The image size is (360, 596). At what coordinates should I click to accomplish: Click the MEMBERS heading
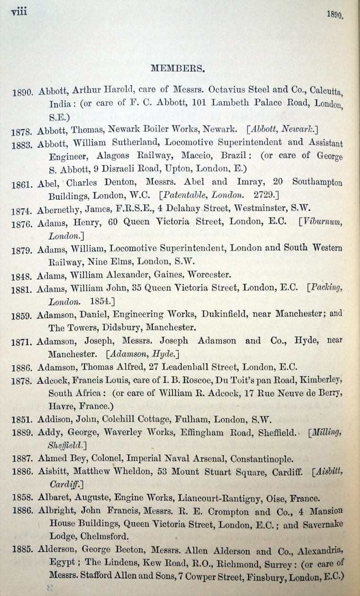(x=178, y=68)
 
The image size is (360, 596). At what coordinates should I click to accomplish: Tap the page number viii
(x=18, y=12)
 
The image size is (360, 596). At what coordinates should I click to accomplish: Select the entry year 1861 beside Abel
(x=22, y=183)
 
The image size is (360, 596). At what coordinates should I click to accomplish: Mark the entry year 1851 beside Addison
(x=22, y=420)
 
